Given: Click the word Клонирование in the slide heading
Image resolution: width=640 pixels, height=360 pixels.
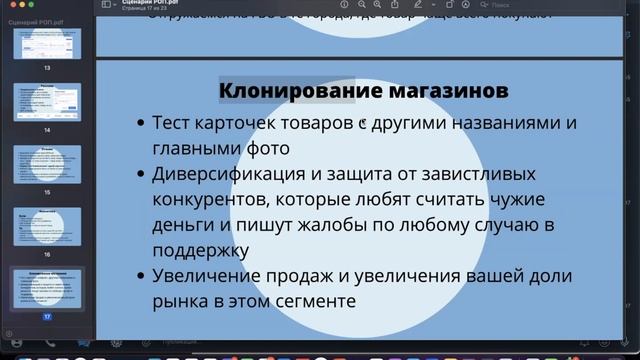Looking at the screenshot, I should [286, 92].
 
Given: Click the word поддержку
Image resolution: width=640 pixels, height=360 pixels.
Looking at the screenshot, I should [200, 248].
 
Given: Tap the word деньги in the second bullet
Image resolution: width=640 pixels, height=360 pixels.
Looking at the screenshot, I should [182, 224].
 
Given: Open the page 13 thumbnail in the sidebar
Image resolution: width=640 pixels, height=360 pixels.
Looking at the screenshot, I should [46, 45].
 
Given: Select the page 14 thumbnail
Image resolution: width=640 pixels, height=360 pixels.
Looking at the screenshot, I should [46, 103].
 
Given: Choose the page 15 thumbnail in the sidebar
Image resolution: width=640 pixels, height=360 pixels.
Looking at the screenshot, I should [46, 162].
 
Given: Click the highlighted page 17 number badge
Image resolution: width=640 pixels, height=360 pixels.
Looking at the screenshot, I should [46, 315].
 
